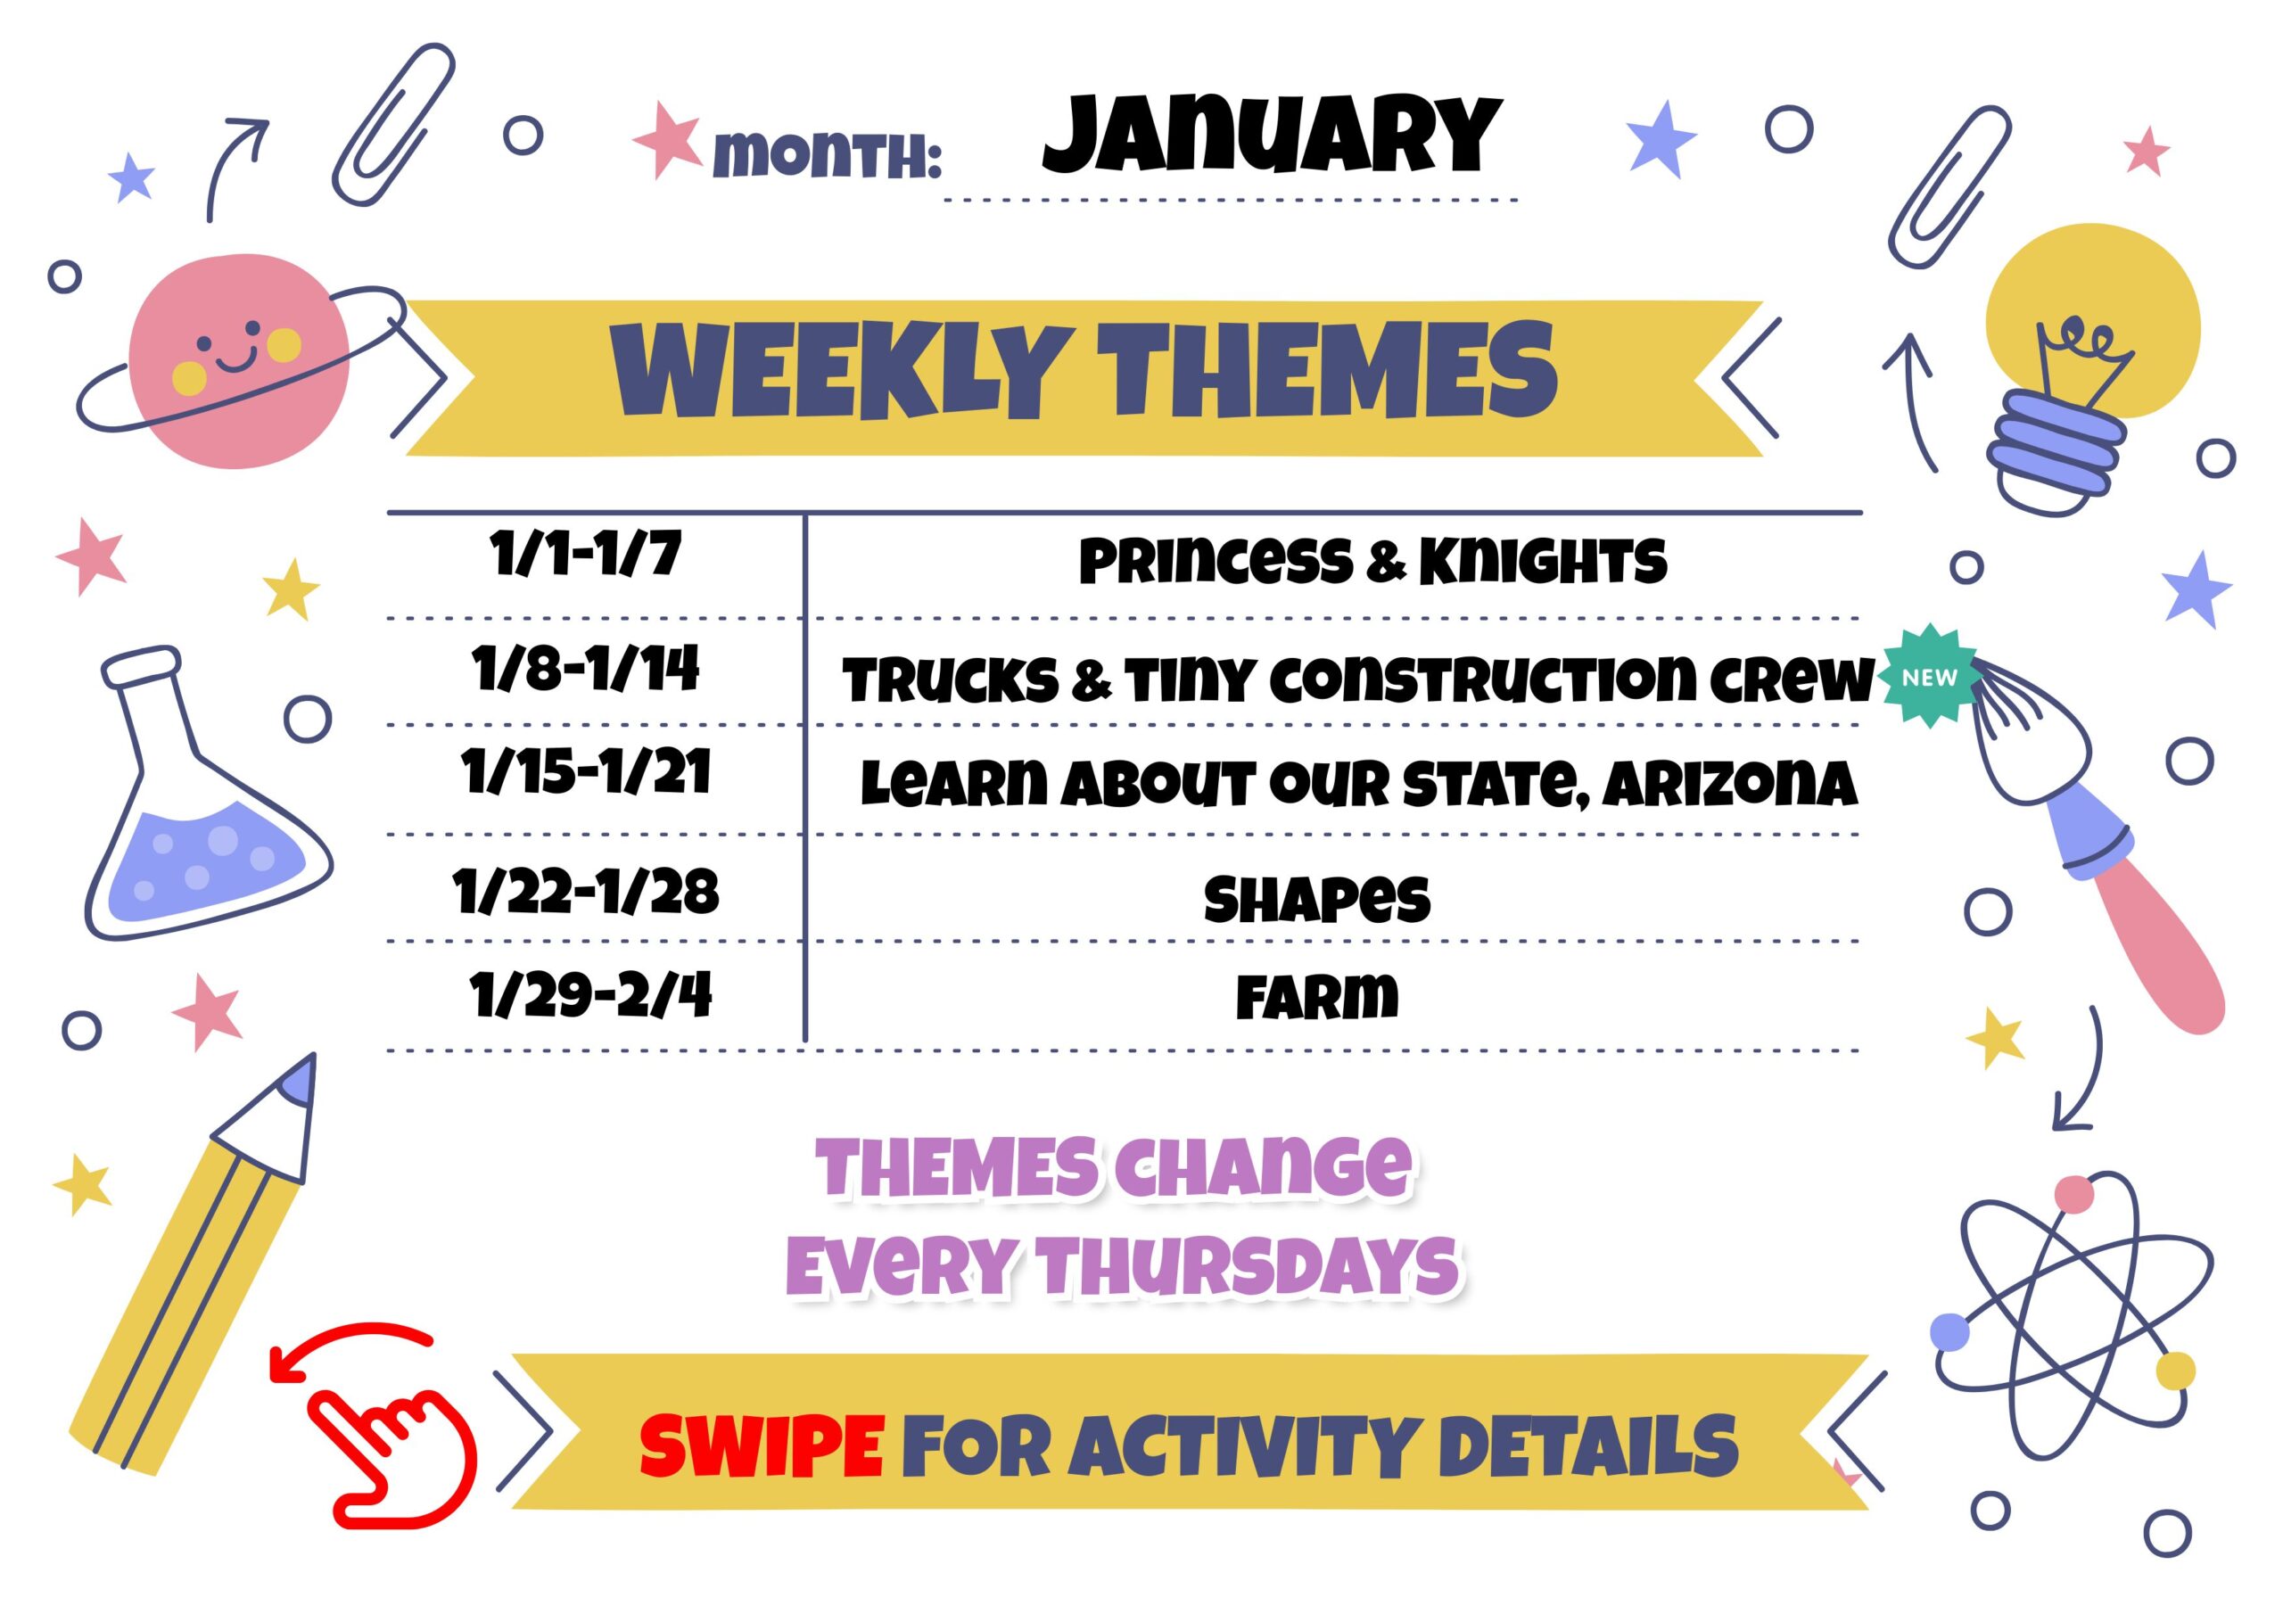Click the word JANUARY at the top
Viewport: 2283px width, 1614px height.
[x=1272, y=136]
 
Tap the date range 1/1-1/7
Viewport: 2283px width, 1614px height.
[x=586, y=554]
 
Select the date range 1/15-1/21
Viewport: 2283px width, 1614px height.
[x=586, y=773]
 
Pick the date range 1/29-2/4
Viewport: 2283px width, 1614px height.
[x=590, y=994]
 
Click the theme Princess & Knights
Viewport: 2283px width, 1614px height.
[x=1372, y=561]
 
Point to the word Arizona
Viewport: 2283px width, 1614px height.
[x=1729, y=784]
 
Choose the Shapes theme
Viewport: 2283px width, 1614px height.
[x=1316, y=900]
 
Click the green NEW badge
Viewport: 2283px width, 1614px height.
[x=1929, y=676]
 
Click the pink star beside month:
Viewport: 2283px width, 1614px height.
[x=667, y=138]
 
